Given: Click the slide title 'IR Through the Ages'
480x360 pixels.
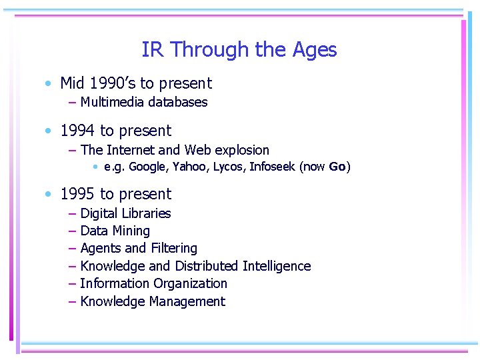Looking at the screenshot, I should point(239,50).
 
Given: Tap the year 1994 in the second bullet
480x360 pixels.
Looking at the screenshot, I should point(78,131).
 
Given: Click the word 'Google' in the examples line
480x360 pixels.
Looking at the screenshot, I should point(147,167).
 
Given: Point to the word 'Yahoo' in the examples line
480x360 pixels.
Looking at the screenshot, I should point(189,167).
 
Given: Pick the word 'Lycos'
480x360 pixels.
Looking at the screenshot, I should point(229,167).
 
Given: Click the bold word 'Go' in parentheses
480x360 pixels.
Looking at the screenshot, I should point(337,167).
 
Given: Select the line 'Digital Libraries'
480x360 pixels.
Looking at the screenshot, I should point(125,213).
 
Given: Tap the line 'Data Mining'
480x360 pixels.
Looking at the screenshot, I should point(115,231).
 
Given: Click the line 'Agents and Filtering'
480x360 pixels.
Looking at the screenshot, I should point(139,248).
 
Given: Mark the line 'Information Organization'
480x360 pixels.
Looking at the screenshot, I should point(153,283).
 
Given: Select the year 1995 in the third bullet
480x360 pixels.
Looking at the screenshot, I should point(78,194).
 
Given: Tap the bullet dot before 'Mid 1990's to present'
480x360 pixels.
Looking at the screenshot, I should point(49,84).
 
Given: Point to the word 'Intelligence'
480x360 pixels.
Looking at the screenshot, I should point(277,266).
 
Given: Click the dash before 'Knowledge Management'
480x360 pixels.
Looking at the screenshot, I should point(72,301).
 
